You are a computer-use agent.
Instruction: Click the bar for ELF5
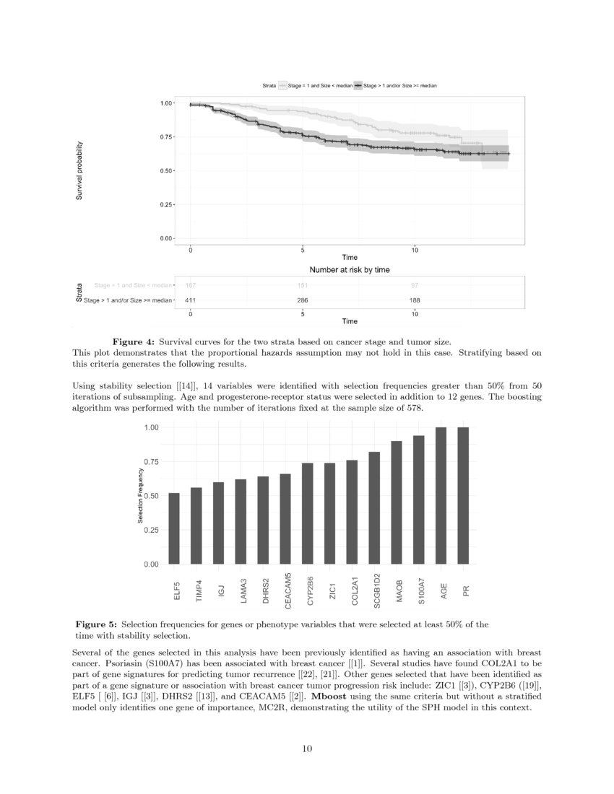(174, 528)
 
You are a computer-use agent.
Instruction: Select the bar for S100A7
(419, 499)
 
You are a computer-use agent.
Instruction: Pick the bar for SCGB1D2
(374, 507)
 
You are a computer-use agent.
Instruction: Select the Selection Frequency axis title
(141, 496)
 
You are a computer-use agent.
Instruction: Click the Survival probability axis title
(81, 171)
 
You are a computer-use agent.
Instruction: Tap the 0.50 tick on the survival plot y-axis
(165, 171)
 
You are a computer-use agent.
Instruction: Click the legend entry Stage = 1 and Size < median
(320, 86)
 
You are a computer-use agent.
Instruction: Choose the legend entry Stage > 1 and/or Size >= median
(399, 86)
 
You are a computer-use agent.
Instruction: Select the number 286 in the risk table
(303, 300)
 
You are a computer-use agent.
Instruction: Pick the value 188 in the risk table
(415, 300)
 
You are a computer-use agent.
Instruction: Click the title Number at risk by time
(350, 270)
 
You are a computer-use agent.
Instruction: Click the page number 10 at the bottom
(307, 749)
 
